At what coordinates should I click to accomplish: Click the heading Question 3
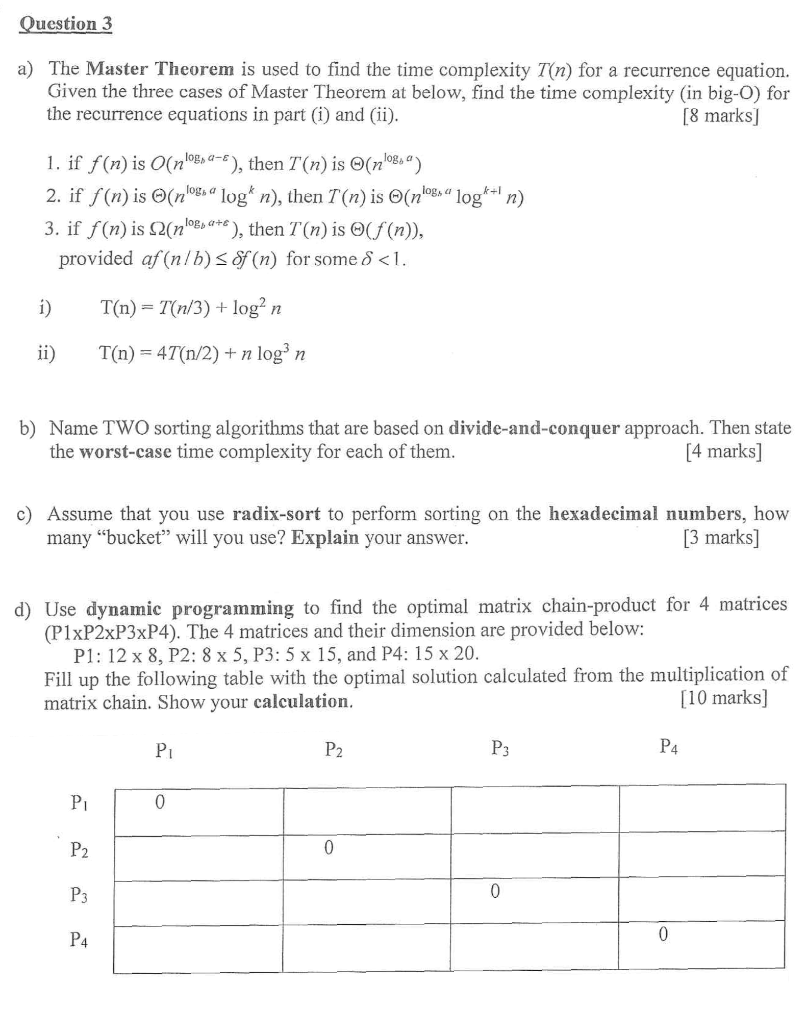[x=65, y=23]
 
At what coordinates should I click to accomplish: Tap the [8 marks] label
[x=720, y=116]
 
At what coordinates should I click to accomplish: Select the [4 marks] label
[x=723, y=451]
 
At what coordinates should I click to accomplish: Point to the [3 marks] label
[x=721, y=537]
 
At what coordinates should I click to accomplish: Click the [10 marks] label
[x=723, y=697]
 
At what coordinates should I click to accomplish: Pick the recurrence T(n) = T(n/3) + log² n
[x=191, y=308]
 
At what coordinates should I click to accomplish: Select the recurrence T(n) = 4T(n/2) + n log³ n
[x=202, y=353]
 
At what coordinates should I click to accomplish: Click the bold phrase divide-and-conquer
[x=534, y=428]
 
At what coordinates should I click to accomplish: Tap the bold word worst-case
[x=125, y=452]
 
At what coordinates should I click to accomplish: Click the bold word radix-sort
[x=276, y=514]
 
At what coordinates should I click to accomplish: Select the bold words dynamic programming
[x=190, y=609]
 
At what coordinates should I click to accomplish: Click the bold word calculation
[x=303, y=702]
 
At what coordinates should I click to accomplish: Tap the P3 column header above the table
[x=499, y=748]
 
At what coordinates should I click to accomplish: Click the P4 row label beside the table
[x=79, y=939]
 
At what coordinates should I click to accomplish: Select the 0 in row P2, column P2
[x=329, y=848]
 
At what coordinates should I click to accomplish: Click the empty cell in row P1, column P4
[x=702, y=808]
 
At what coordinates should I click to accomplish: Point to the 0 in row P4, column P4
[x=663, y=935]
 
